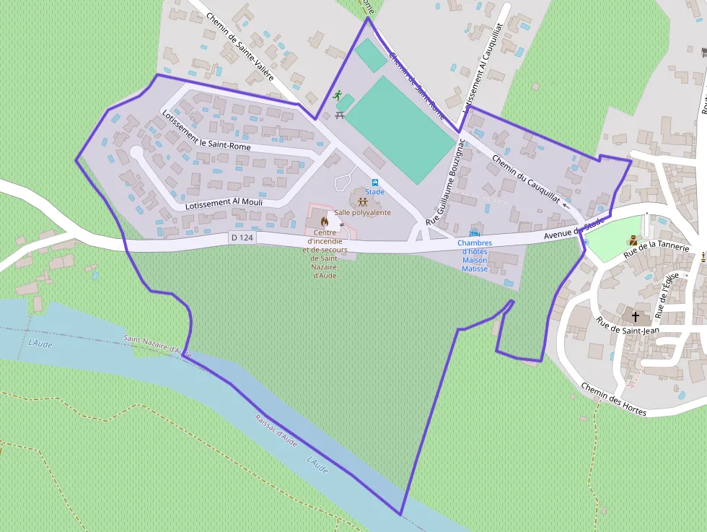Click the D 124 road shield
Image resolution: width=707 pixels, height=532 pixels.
coord(242,237)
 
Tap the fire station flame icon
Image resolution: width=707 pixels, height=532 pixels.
coord(325,222)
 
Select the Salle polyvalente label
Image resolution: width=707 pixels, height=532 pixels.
coord(362,213)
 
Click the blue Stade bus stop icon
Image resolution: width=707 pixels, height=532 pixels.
coord(375,183)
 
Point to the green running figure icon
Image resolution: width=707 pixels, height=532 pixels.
coord(337,95)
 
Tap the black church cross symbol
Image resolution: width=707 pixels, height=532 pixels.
coord(636,316)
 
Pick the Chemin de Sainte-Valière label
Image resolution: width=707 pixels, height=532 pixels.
coord(240,45)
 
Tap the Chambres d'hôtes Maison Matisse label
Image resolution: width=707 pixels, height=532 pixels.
coord(475,256)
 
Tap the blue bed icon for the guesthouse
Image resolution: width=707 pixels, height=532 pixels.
coord(474,232)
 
